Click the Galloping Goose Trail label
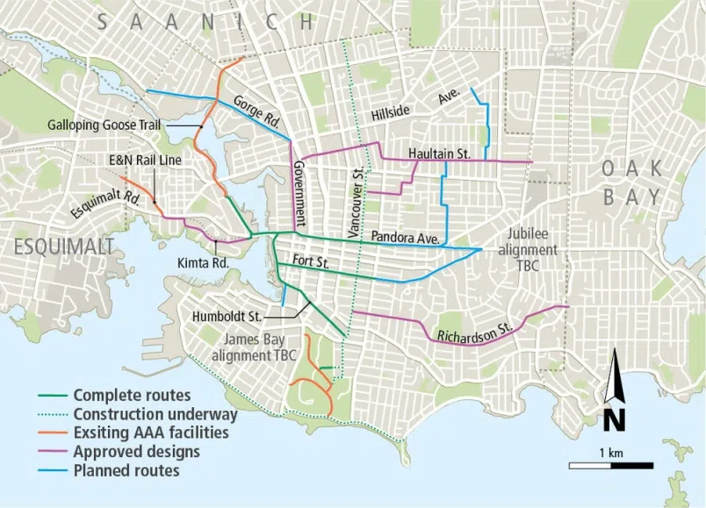click(x=103, y=125)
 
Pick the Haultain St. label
click(x=439, y=154)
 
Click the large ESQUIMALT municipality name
click(x=64, y=247)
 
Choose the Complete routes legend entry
click(x=131, y=396)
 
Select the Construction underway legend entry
click(x=155, y=414)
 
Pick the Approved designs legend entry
click(x=136, y=452)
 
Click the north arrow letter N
click(x=615, y=420)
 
